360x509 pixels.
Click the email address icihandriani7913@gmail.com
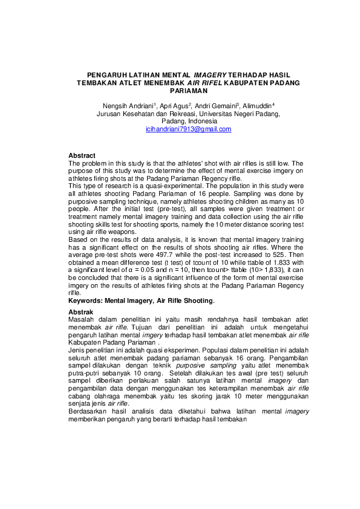point(188,129)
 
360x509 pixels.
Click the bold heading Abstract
point(82,156)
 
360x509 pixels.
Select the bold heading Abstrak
point(81,311)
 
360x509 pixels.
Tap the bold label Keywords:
point(85,300)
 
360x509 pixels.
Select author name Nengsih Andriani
point(127,106)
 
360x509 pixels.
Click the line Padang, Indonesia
point(188,122)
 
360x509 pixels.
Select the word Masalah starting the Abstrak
point(82,319)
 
